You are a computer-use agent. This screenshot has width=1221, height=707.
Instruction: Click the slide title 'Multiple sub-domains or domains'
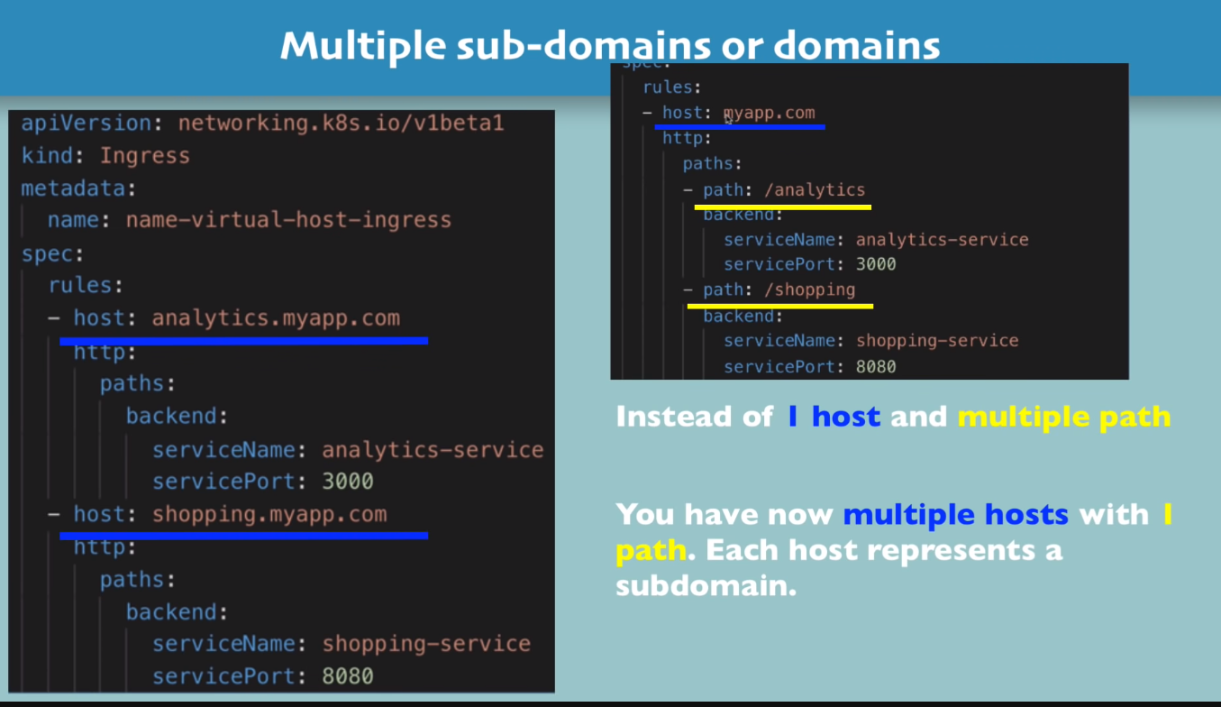click(610, 44)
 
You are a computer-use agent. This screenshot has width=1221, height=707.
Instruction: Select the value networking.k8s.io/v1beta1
click(341, 123)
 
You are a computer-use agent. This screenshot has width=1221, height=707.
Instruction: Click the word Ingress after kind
click(144, 156)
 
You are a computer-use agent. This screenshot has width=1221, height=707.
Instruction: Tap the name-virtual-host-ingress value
click(288, 220)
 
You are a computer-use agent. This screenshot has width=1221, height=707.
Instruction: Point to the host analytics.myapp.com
click(275, 318)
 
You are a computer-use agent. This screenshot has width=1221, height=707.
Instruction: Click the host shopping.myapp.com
click(269, 515)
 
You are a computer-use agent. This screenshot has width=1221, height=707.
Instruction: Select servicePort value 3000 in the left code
click(348, 482)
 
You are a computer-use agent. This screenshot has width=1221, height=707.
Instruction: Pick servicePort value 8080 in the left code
click(348, 676)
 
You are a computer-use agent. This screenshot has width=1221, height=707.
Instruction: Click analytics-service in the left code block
click(433, 450)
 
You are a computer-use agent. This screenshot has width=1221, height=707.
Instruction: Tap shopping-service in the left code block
click(426, 644)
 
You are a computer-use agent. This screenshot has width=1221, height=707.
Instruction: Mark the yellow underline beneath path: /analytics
click(782, 207)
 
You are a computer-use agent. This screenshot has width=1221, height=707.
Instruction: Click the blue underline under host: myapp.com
click(739, 127)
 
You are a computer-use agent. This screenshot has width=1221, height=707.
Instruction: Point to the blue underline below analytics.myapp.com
click(243, 341)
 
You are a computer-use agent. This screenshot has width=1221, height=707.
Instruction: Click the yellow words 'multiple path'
click(1063, 417)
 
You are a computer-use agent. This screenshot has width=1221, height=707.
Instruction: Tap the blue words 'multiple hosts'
click(955, 515)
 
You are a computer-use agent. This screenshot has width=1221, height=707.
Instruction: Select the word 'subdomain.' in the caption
click(706, 586)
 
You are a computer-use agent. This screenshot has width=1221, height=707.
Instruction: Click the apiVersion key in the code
click(74, 123)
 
